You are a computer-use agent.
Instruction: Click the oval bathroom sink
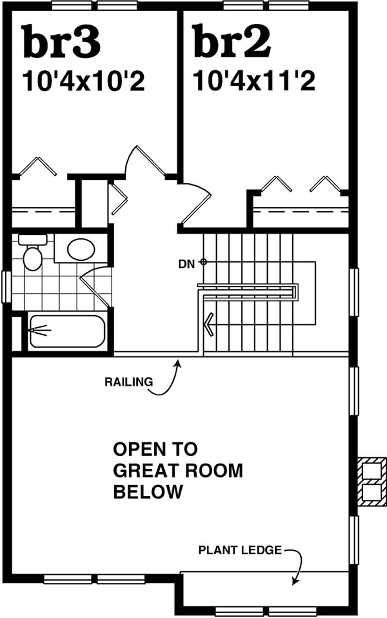(x=81, y=250)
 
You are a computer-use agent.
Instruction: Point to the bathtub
(x=66, y=331)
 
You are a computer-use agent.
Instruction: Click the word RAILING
(x=128, y=382)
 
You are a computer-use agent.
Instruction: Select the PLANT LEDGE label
(x=239, y=550)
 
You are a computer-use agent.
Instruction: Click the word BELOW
(x=148, y=492)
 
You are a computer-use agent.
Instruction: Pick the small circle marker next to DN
(x=204, y=262)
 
